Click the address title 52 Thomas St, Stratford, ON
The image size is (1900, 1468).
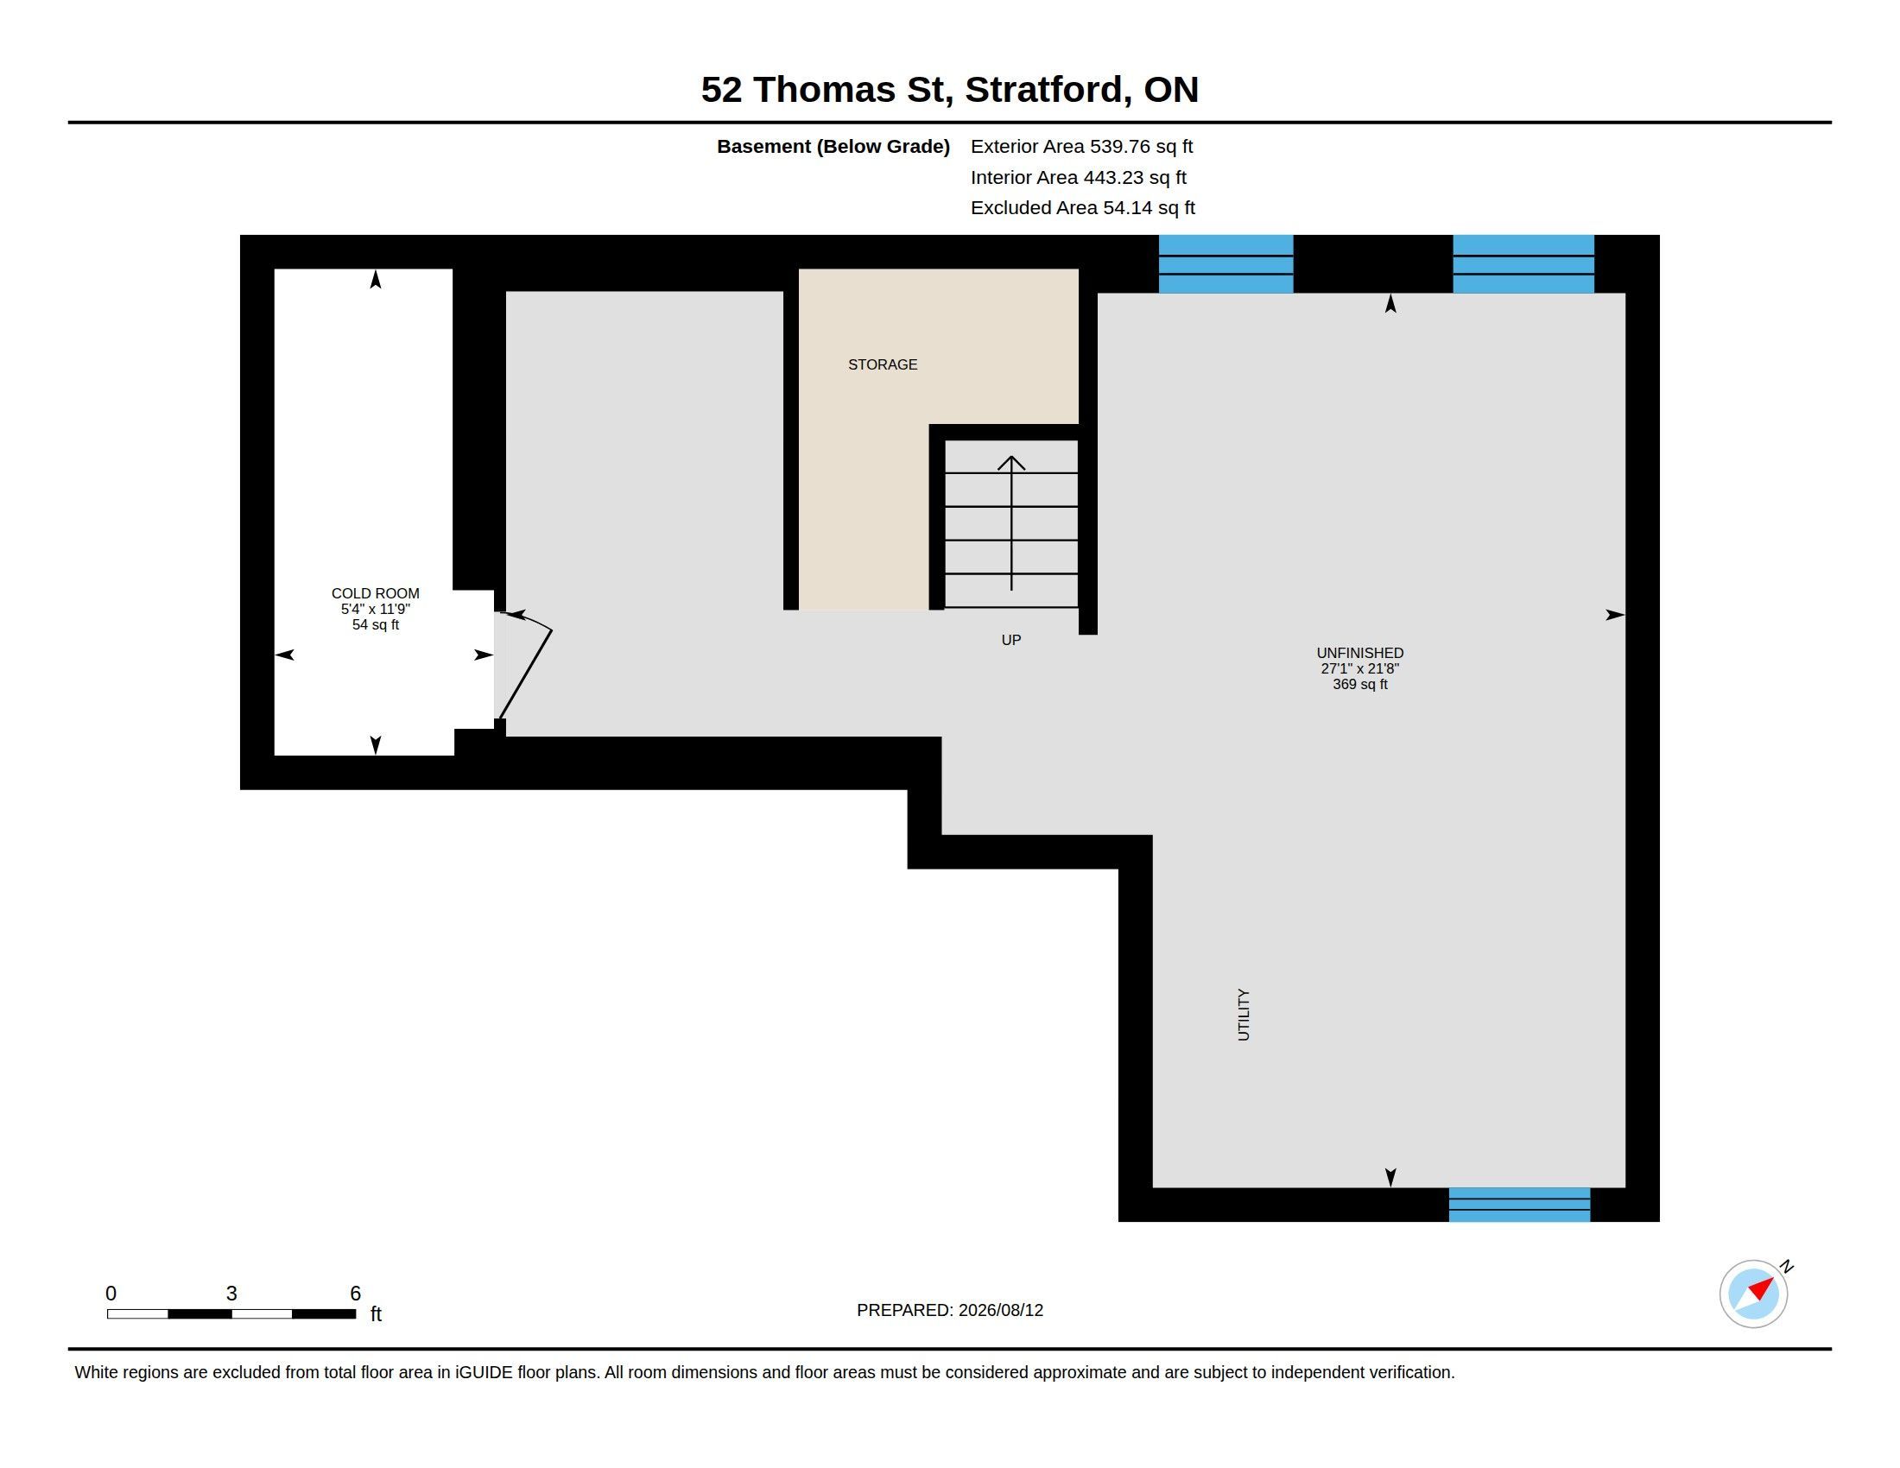pos(949,90)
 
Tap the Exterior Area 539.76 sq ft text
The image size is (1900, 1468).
pos(1081,146)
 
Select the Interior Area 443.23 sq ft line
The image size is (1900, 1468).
pos(1078,177)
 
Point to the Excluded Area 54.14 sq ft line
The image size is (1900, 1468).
pos(1082,208)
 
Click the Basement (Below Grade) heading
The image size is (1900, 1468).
pos(833,146)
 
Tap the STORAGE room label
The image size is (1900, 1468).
pos(882,364)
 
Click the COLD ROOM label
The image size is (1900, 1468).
pos(375,593)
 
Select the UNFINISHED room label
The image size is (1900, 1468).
pos(1359,652)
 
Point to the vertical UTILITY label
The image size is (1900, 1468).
pos(1243,1014)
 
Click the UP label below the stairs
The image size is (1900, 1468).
pos(1011,640)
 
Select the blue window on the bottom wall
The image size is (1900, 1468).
pos(1519,1205)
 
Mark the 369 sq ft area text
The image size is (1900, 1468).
pos(1359,685)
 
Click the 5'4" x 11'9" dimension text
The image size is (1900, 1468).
pos(375,609)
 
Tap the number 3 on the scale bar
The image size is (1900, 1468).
pos(231,1294)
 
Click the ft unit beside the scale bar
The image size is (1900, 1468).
pos(376,1313)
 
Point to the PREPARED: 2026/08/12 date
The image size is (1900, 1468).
pos(950,1310)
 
